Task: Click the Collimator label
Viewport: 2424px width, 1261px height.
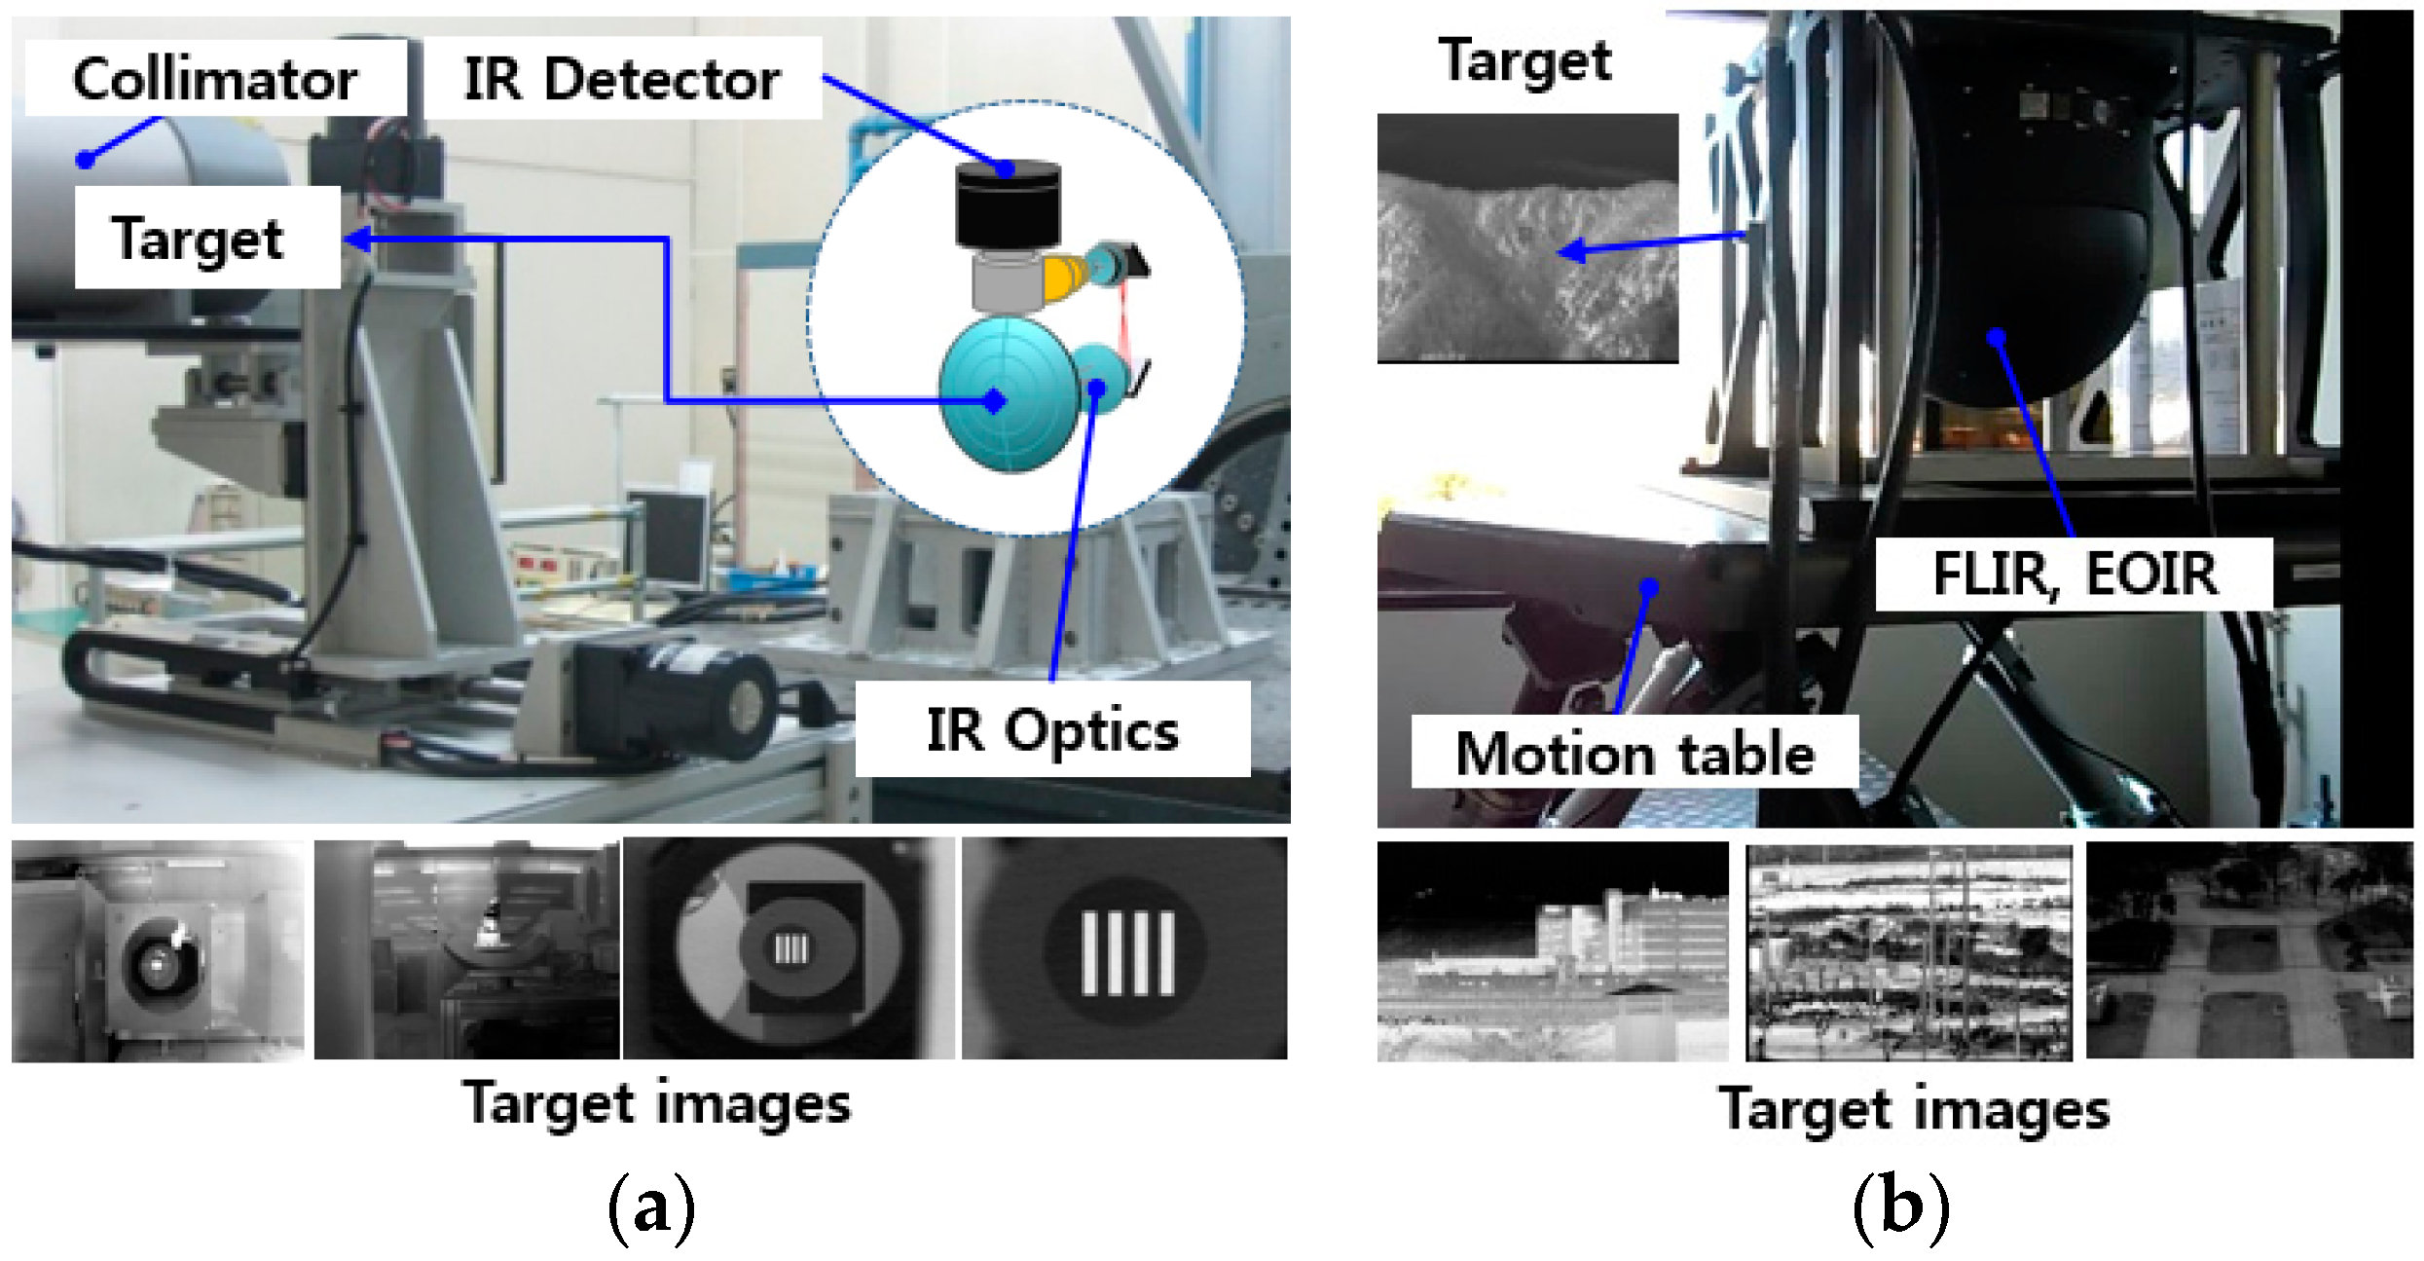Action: tap(214, 79)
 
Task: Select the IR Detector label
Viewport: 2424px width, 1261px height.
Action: tap(622, 79)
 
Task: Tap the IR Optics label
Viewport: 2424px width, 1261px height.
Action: tap(1052, 729)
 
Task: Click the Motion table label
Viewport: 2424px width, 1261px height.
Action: tap(1634, 753)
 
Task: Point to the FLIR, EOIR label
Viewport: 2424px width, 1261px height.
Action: tap(2075, 574)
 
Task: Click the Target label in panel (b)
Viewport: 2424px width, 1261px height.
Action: tap(1524, 60)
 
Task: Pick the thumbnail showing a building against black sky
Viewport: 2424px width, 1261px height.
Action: tap(1552, 951)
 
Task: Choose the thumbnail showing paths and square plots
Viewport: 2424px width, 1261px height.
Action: tap(2249, 951)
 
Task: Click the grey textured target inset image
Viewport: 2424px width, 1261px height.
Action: tap(1527, 239)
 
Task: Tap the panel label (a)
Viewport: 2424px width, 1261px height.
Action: tap(651, 1207)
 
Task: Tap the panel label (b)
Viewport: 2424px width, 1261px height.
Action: tap(1899, 1207)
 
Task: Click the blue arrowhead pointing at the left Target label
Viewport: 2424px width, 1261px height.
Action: tap(357, 239)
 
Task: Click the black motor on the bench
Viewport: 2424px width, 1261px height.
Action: tap(681, 696)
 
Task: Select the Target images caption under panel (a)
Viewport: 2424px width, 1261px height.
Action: tap(657, 1105)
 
